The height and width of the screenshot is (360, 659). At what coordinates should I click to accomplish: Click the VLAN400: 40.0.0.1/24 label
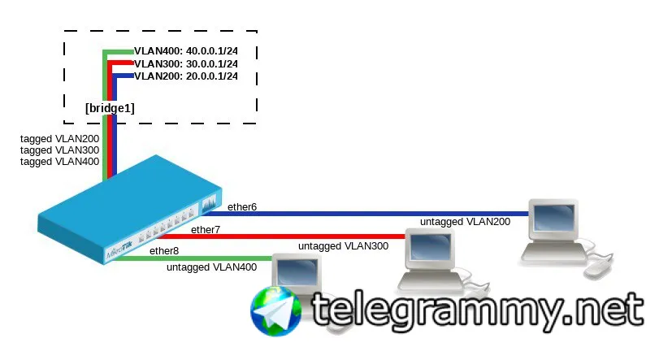(x=186, y=51)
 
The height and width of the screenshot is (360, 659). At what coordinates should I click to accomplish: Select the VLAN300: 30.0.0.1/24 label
(x=186, y=64)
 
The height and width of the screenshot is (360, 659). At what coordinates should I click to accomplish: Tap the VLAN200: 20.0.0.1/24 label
(x=186, y=76)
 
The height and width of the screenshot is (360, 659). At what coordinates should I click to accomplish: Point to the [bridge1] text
(x=111, y=108)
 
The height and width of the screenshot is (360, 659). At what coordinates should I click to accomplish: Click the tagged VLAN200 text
(x=59, y=139)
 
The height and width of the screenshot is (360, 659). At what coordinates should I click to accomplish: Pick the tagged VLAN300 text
(x=59, y=150)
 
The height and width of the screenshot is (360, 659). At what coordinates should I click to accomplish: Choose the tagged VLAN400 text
(x=59, y=161)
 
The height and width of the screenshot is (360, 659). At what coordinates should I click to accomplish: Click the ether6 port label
(x=242, y=207)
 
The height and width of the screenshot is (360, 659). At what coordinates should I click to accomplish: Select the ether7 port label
(x=206, y=230)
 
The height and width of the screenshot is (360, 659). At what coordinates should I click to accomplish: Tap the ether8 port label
(x=164, y=251)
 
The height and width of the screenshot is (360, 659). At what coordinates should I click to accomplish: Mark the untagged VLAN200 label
(x=466, y=222)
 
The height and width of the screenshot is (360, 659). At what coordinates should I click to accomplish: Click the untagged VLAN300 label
(x=344, y=246)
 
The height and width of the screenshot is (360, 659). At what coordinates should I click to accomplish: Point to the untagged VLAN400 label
(x=212, y=267)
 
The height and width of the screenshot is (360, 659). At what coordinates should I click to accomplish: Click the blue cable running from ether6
(x=366, y=214)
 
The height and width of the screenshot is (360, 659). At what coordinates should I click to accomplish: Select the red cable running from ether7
(x=281, y=236)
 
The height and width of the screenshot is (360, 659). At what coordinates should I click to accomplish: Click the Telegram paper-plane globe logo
(x=276, y=311)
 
